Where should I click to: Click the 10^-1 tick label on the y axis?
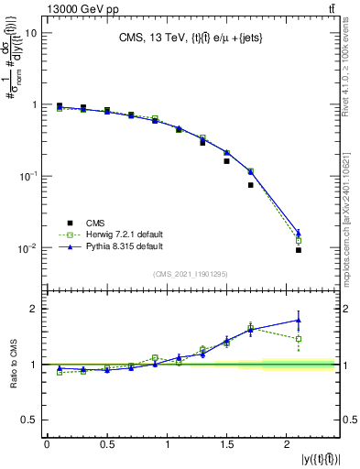27,176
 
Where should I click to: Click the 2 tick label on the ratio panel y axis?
34,309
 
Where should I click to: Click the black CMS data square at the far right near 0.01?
299,250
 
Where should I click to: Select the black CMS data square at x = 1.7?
250,185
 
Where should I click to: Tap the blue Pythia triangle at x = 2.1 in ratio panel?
299,321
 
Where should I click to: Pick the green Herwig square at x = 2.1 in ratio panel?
299,339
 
